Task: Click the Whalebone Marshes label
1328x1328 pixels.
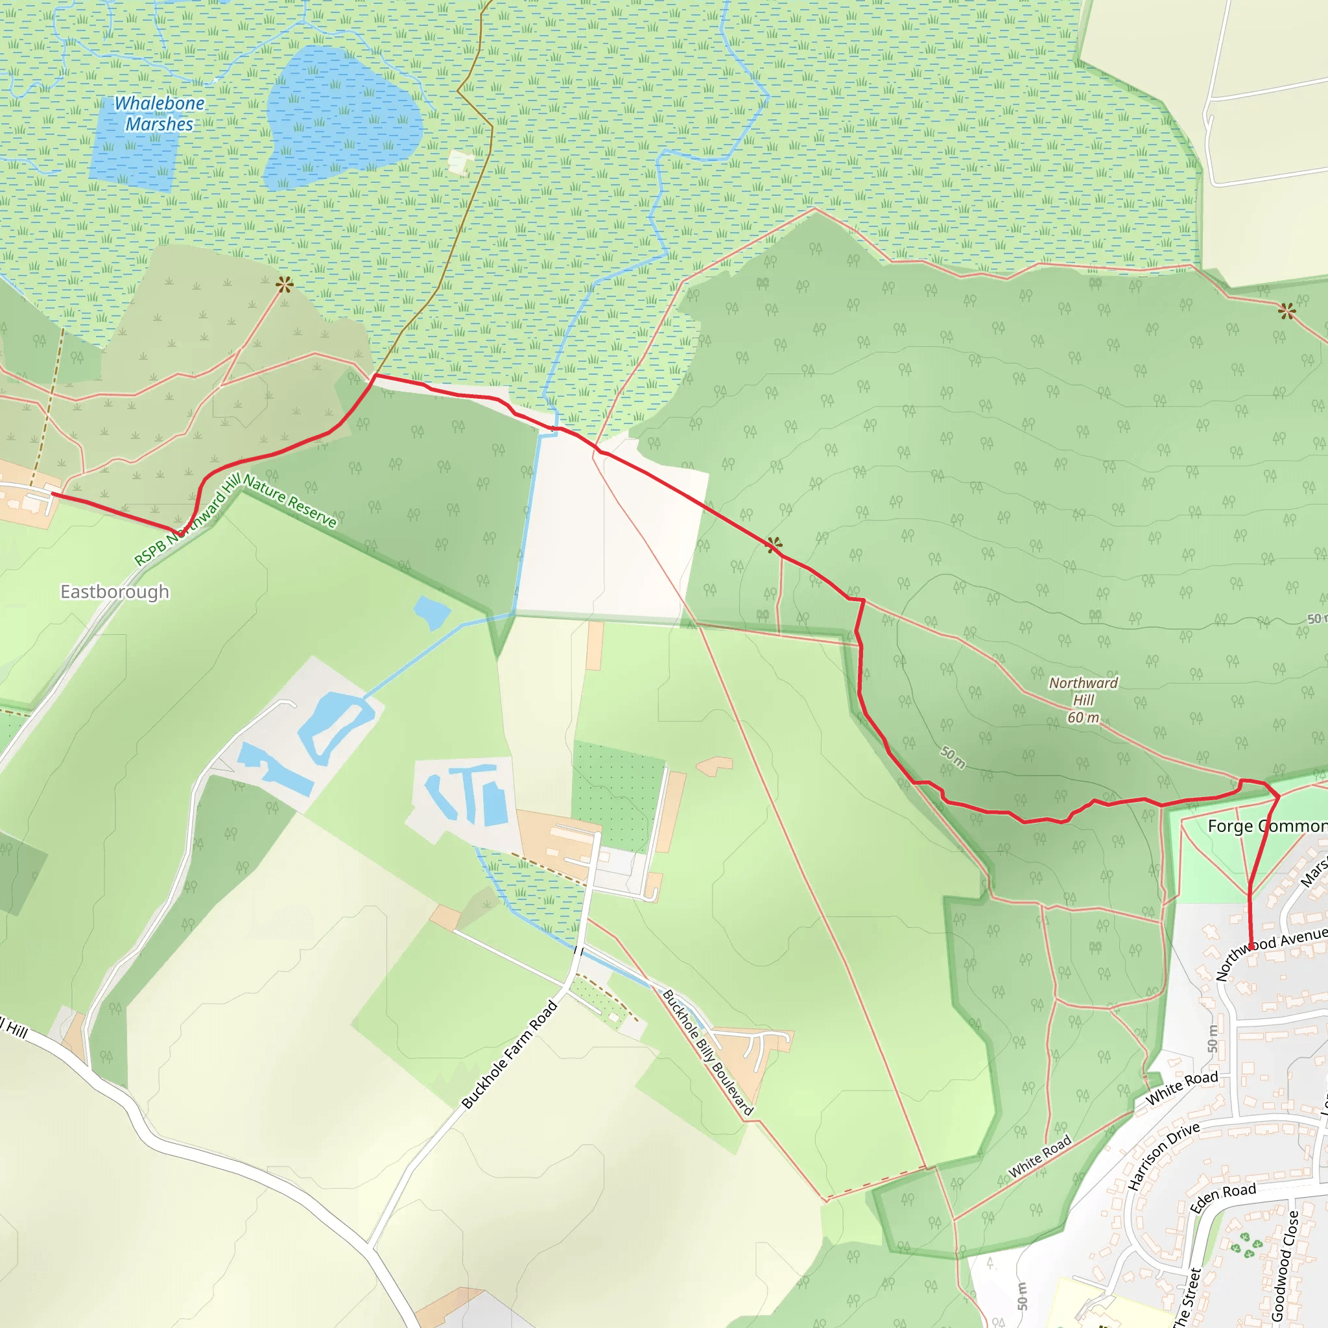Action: point(160,113)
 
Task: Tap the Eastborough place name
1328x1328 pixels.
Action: point(115,592)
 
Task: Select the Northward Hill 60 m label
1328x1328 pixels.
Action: point(1084,700)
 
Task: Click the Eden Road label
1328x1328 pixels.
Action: point(1223,1199)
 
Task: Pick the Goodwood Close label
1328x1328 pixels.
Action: point(1285,1264)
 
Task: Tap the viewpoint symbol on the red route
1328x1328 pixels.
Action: point(774,545)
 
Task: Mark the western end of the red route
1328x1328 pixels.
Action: point(53,493)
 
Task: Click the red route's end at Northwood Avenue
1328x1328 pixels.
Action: point(1250,948)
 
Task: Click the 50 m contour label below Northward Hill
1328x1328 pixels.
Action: point(953,757)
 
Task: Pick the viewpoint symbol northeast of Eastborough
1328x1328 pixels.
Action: point(285,284)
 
